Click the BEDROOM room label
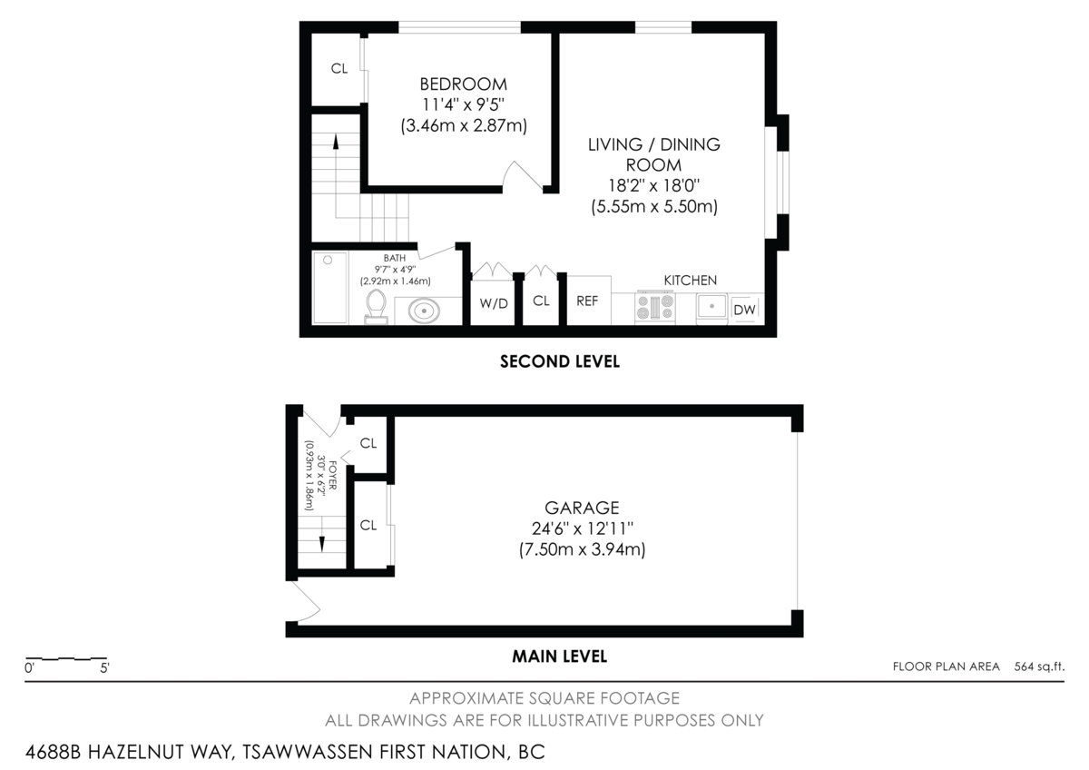tap(463, 84)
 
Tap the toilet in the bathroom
tap(376, 307)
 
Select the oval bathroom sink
tap(424, 311)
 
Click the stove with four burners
tap(655, 307)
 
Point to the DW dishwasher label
tap(744, 310)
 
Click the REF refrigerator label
tap(587, 301)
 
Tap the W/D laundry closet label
tap(494, 303)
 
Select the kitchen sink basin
tap(711, 307)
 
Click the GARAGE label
tap(582, 508)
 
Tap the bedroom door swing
tap(521, 174)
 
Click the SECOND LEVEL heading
tap(560, 361)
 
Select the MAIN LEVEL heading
tap(560, 656)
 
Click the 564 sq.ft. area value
tap(1039, 666)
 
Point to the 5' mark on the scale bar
tap(104, 668)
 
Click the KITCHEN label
tap(691, 281)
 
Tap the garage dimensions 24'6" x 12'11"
tap(582, 528)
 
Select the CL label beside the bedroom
tap(339, 69)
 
